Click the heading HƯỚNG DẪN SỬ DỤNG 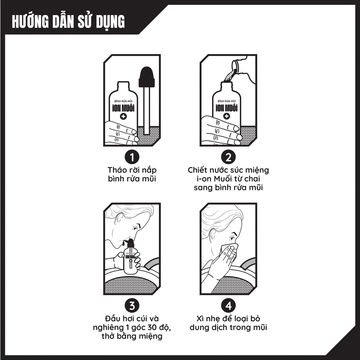68,22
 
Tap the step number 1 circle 132,157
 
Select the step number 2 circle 228,157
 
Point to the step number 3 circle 132,306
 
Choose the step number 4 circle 228,306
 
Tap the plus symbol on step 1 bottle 123,116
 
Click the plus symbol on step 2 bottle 227,116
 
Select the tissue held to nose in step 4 227,251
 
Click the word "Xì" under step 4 200,319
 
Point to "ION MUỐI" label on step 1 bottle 123,108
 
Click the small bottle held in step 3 130,257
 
